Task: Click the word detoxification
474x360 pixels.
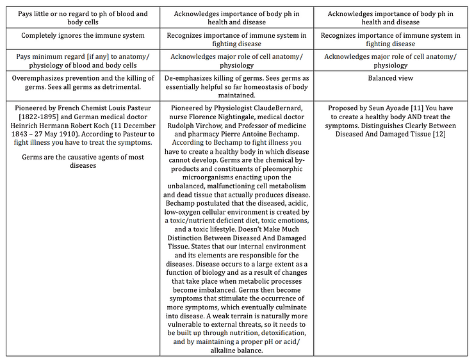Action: [281, 332]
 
